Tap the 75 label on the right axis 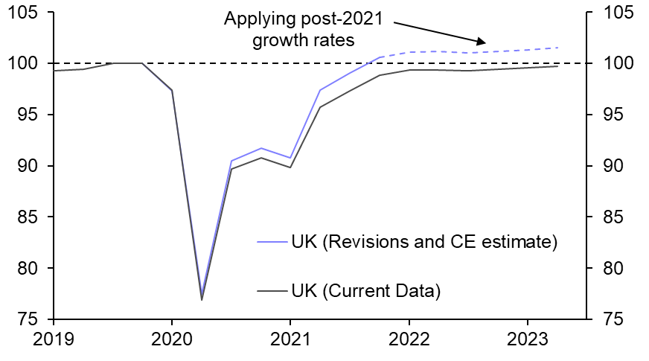pos(605,319)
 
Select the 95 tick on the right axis pos(605,115)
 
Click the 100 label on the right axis pos(610,64)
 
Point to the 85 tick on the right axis pos(605,217)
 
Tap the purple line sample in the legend pos(271,242)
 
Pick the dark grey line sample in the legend pos(271,290)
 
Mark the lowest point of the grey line pos(202,300)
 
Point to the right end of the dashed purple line pos(557,48)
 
